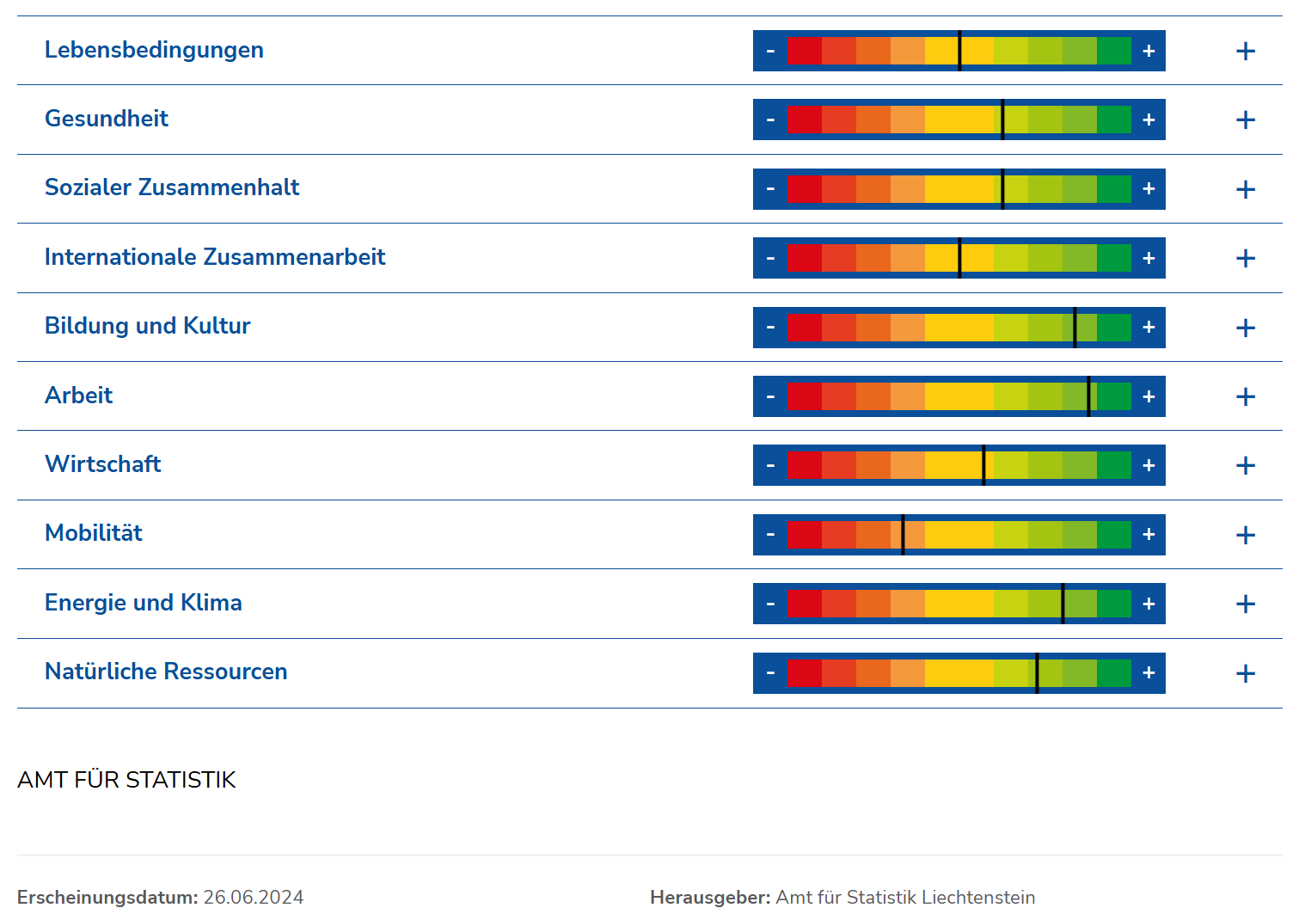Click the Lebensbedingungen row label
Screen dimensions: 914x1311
(154, 50)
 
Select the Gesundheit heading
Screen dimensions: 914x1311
(107, 119)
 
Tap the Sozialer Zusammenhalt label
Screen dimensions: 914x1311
(172, 187)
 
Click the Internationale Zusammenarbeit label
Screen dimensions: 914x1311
(215, 257)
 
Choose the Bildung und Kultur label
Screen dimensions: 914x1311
(148, 326)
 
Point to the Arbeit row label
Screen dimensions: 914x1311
(79, 396)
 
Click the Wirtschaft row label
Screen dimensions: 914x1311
(103, 464)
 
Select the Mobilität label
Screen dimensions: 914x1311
(94, 533)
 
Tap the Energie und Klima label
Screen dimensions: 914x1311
(144, 603)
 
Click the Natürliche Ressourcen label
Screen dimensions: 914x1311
(166, 672)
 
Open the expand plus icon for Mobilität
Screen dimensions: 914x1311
(1245, 535)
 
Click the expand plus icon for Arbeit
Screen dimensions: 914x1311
(1245, 396)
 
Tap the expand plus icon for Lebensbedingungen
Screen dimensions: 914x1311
(1245, 52)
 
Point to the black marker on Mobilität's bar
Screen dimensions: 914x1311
(903, 535)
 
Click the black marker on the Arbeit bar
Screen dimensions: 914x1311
(1088, 396)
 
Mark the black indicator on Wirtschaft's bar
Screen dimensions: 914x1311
(983, 465)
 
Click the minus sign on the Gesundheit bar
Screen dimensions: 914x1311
(770, 120)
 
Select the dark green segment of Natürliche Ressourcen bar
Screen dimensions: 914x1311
(1114, 673)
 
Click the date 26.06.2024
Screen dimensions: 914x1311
(254, 897)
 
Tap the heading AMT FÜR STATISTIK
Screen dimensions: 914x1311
(126, 779)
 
